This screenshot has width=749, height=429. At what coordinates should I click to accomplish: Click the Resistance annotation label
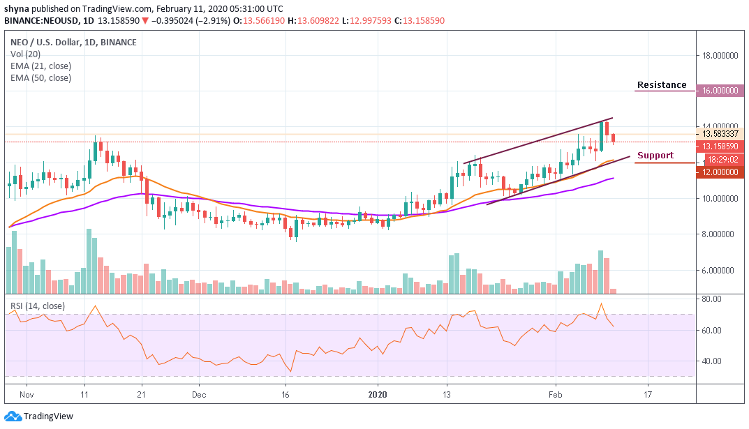pos(661,85)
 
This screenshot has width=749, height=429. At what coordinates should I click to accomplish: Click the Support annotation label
pos(655,156)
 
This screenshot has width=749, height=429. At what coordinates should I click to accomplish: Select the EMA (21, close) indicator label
pos(40,66)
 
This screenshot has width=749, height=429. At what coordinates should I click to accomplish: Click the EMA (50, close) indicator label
pos(40,77)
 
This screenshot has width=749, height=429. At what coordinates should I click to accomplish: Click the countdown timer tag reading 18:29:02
pos(722,159)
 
